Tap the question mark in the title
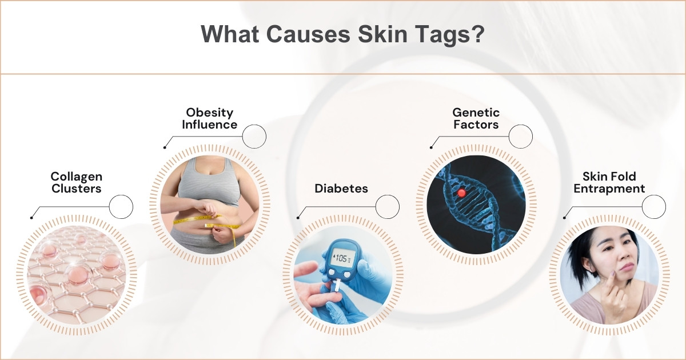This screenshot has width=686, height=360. pos(478,34)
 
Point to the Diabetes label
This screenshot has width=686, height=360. pos(341,188)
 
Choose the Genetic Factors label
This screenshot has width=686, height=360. pos(476,118)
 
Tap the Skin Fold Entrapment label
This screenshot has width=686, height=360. pos(609,182)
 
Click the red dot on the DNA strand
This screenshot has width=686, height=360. pos(461,193)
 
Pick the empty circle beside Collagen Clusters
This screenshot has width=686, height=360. pos(121,206)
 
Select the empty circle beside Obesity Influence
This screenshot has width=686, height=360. pos(254,137)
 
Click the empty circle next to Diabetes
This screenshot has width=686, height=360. pos(388,206)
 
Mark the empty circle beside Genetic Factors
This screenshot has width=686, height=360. pos(521,137)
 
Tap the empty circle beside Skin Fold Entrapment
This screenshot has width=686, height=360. pos(654,206)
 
